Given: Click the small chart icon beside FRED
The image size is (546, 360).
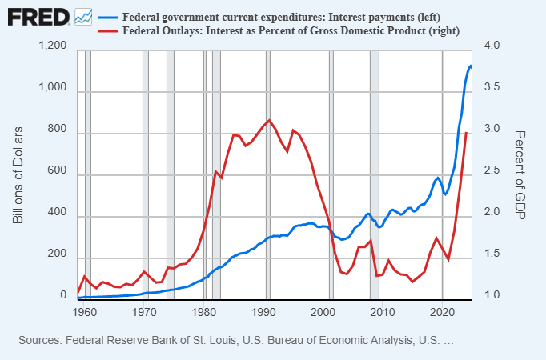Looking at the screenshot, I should pos(82,16).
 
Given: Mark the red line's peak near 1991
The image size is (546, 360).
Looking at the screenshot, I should pos(269,120).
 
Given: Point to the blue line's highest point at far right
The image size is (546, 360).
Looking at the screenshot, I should pos(471,66).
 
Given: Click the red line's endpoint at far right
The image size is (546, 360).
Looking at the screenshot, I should pos(467,133).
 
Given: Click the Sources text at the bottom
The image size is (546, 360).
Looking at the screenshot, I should pos(235,340).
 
